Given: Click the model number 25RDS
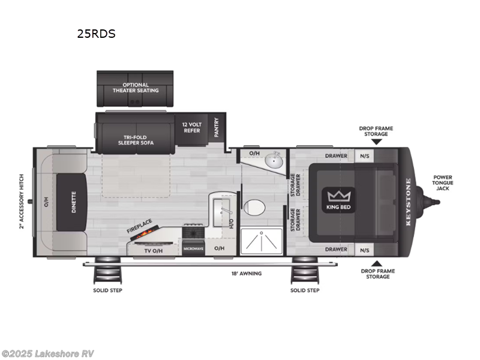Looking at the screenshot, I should coord(96,34).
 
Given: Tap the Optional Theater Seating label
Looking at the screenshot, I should coord(136,88).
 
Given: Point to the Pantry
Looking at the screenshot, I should coord(216,127).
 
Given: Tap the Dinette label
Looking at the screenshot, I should coord(74,202).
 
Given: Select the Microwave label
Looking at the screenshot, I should coord(193,248).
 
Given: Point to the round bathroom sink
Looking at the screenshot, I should coord(275,161).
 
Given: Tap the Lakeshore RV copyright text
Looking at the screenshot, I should coord(48,353).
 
